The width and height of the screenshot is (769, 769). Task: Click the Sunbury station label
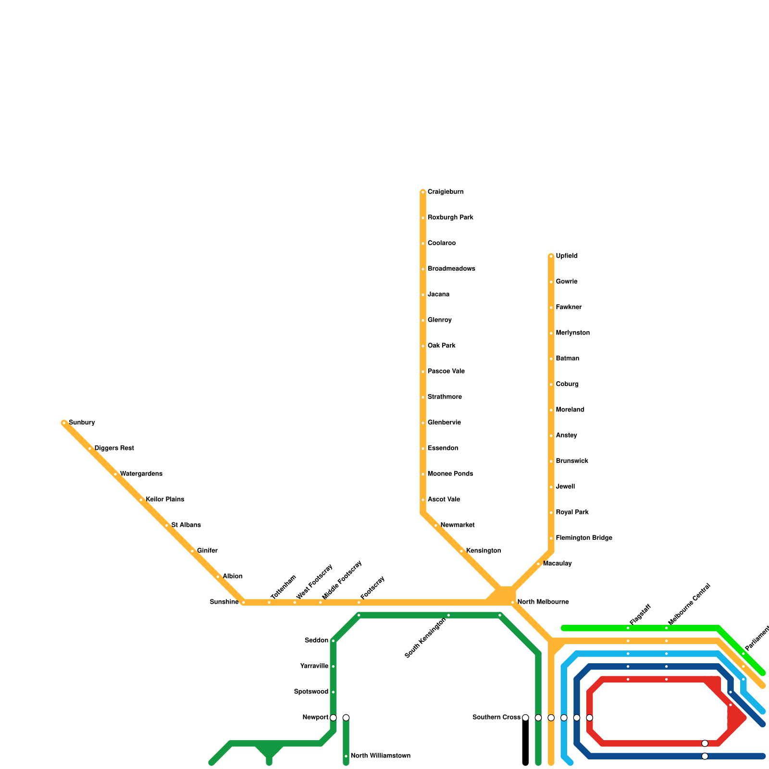(82, 423)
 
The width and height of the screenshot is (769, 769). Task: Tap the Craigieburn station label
(446, 192)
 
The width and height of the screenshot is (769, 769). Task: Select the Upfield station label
(567, 256)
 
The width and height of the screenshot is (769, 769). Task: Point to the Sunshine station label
(224, 602)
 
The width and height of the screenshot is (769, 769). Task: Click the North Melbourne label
(543, 602)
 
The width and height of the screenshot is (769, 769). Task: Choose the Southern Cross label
(496, 718)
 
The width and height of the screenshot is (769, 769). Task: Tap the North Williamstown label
(380, 756)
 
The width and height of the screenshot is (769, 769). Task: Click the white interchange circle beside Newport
(333, 718)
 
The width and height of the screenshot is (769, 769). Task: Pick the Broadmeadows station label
(451, 269)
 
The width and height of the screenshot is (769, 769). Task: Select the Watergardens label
(141, 474)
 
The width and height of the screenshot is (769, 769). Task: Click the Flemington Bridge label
(584, 538)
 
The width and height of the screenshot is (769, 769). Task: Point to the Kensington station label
(484, 551)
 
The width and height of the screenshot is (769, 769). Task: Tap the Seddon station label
(316, 641)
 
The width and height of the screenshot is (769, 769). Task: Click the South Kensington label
(426, 638)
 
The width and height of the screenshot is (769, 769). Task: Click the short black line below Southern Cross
(525, 743)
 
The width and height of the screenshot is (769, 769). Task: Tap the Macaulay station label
(557, 564)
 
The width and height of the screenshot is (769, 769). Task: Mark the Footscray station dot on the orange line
(359, 602)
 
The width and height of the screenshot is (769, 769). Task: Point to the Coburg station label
(567, 384)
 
